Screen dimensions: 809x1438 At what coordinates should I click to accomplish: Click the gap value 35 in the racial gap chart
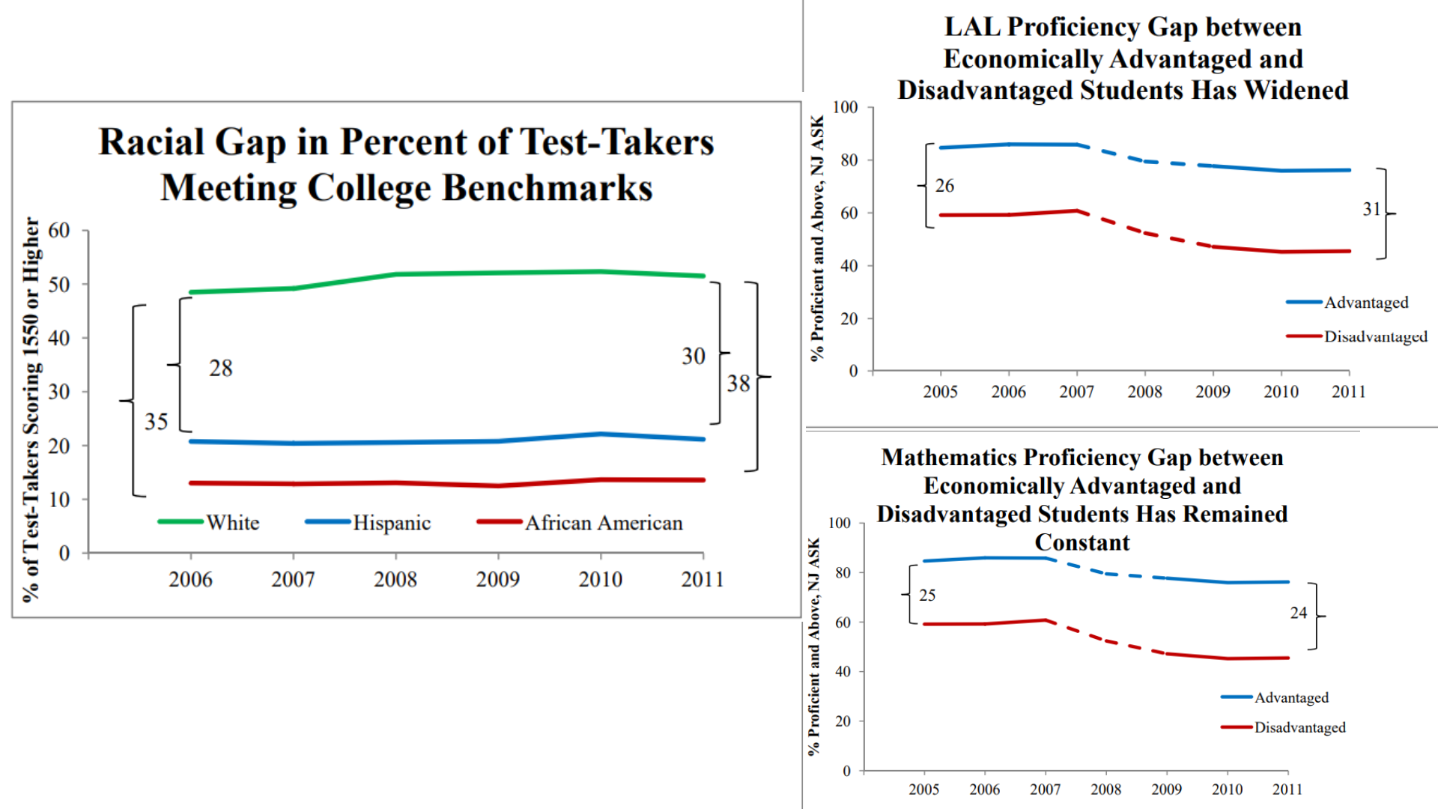pos(156,422)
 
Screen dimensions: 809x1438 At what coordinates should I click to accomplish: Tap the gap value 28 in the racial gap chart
pos(220,368)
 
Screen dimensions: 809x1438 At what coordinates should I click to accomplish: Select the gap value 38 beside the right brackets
pos(738,384)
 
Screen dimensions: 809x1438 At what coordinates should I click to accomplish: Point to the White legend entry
pos(232,522)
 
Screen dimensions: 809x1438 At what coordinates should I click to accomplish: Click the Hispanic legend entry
pos(391,522)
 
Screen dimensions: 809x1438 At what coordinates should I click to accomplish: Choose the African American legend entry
pos(603,522)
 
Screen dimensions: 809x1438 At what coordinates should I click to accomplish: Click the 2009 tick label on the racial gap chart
pos(497,579)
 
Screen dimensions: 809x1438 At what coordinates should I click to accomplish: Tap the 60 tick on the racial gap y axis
pos(59,230)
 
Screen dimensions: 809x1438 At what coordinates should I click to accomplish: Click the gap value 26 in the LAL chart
pos(944,186)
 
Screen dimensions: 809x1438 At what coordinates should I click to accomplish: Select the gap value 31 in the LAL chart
pos(1371,209)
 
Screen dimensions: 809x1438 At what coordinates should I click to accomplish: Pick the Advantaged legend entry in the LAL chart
pos(1365,303)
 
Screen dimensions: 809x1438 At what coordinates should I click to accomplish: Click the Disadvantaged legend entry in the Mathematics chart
pos(1299,727)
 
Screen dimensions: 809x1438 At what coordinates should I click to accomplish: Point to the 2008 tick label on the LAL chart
pos(1144,392)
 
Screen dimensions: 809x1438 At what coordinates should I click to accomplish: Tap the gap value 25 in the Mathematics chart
pos(927,596)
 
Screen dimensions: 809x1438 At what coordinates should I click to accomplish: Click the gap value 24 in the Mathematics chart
pos(1298,613)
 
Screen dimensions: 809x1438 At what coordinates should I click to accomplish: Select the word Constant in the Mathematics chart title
pos(1081,542)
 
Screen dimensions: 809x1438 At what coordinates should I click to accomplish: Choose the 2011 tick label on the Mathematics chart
pos(1287,790)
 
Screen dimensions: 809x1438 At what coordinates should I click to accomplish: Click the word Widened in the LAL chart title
pos(1296,90)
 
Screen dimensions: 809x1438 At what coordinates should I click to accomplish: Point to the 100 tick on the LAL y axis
pos(845,107)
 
